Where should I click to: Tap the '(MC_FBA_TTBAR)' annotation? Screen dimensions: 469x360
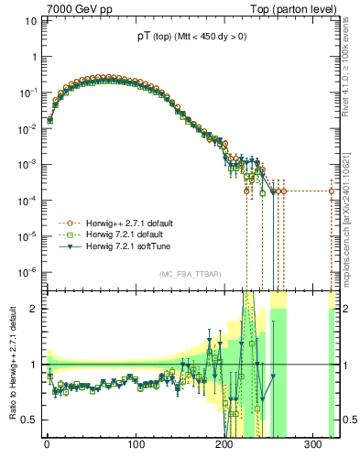(x=190, y=274)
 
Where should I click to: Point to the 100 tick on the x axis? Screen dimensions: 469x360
(x=136, y=445)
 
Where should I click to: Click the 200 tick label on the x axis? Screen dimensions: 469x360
(x=225, y=445)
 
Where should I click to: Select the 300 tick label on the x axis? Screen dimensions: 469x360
(x=314, y=445)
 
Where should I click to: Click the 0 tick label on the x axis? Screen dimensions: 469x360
(x=47, y=445)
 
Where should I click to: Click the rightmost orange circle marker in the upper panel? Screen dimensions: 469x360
(x=333, y=191)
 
